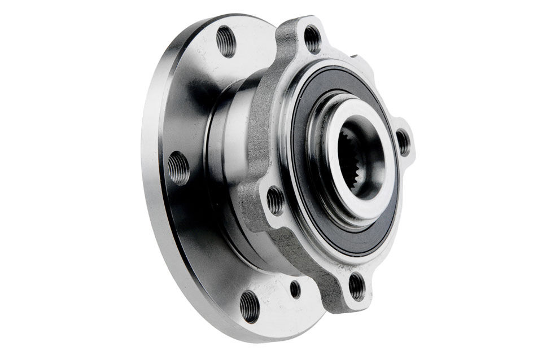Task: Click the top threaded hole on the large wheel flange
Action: [x=226, y=42]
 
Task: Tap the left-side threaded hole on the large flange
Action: [x=178, y=168]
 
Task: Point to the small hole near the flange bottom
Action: [x=295, y=289]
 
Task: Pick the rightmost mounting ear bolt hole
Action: [x=403, y=142]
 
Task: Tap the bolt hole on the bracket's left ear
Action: [x=276, y=200]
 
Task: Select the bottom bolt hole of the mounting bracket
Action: [x=357, y=286]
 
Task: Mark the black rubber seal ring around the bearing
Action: [x=316, y=214]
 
